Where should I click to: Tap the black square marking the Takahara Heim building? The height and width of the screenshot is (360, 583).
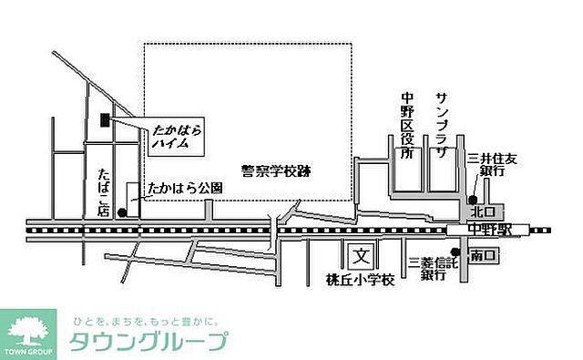pos(105,119)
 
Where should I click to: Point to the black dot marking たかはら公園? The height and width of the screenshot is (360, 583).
pos(122,211)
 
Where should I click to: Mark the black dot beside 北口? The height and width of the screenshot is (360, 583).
pos(473,200)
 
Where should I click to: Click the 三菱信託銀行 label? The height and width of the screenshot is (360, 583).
pos(428,270)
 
